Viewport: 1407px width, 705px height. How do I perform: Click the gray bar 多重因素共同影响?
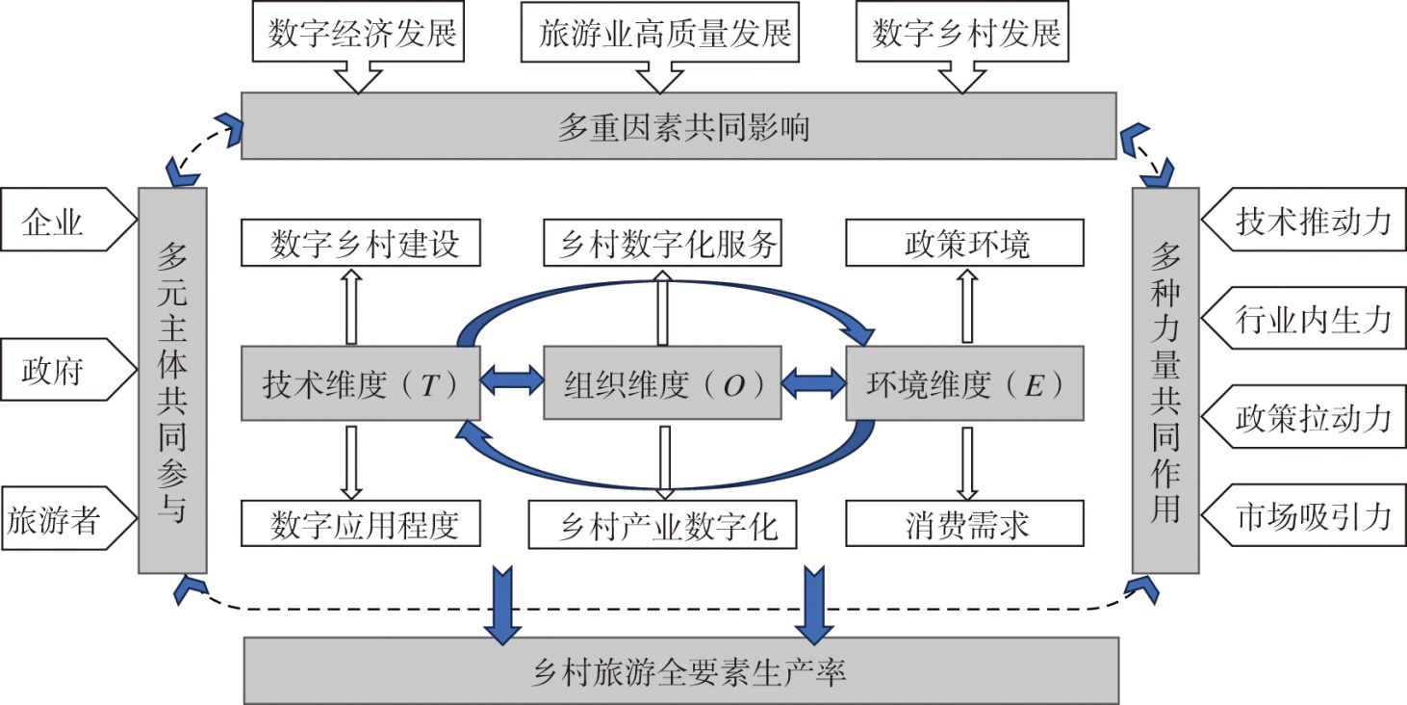678,126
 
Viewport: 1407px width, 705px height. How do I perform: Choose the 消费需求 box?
965,526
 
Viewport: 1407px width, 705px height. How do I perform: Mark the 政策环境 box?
965,244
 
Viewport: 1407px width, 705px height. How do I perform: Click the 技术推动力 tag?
1309,222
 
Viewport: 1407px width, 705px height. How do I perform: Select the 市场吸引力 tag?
1309,517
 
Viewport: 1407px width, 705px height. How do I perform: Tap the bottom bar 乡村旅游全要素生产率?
681,670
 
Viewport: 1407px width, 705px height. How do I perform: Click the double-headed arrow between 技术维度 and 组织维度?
512,383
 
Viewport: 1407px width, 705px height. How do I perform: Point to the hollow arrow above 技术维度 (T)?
351,306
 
